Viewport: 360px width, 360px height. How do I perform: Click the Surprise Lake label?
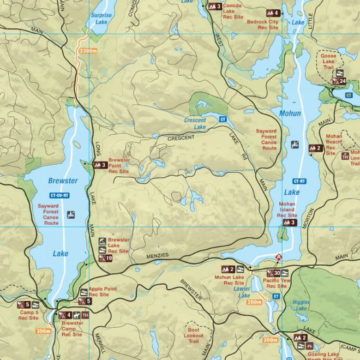[101, 20]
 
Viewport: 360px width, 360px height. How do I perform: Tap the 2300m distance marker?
[87, 51]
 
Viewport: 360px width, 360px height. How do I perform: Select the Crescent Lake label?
[195, 124]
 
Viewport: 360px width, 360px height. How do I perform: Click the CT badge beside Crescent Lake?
[223, 119]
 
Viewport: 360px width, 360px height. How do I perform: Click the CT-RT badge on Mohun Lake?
[299, 181]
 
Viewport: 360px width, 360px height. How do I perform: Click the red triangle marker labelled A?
[279, 257]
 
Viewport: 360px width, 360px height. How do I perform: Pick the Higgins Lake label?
[301, 305]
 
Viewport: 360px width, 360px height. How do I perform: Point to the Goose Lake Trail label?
[328, 59]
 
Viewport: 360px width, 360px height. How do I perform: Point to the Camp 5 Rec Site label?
[28, 315]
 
